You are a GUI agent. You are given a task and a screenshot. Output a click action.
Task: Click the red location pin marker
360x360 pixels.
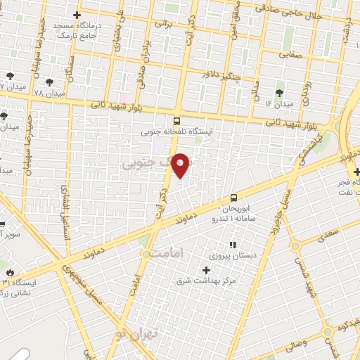181,165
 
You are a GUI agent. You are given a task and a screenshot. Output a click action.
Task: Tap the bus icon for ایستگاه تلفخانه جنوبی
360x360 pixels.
176,120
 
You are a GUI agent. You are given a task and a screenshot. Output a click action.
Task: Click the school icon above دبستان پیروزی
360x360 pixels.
233,244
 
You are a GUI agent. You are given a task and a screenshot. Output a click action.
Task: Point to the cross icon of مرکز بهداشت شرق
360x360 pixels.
206,270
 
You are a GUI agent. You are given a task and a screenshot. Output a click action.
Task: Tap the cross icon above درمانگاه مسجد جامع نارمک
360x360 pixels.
77,15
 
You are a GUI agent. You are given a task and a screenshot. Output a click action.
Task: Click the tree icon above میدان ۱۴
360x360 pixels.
280,92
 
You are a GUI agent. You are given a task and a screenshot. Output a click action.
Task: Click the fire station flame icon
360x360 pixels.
10,271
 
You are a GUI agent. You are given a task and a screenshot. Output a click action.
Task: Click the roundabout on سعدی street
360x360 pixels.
295,245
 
